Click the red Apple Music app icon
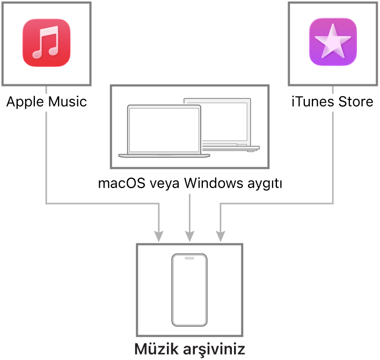(46, 43)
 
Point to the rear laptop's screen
(225, 121)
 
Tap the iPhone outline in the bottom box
(189, 290)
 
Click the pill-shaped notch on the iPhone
(189, 258)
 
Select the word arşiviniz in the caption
(214, 349)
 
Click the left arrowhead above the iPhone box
(159, 236)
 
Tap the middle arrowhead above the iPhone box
(189, 236)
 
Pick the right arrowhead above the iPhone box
(220, 236)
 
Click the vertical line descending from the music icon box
(46, 156)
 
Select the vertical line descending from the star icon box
(333, 156)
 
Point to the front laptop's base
(164, 156)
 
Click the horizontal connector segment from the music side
(102, 203)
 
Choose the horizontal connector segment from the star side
(276, 203)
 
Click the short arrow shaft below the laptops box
(189, 212)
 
